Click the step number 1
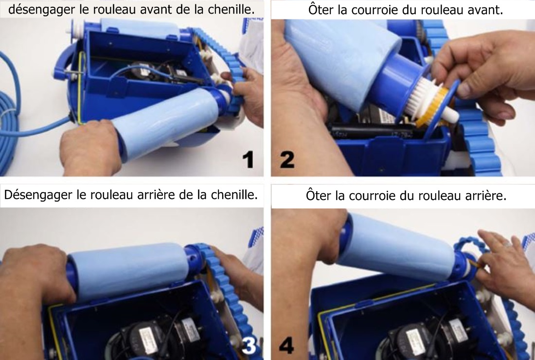pyautogui.click(x=249, y=160)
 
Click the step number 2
pyautogui.click(x=287, y=160)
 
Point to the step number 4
pyautogui.click(x=286, y=345)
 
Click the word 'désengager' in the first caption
pyautogui.click(x=42, y=10)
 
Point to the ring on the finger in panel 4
pyautogui.click(x=508, y=244)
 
